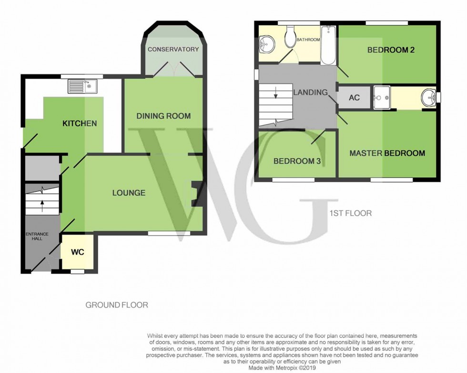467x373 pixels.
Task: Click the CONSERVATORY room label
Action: pyautogui.click(x=173, y=49)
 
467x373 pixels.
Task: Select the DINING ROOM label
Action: pyautogui.click(x=163, y=116)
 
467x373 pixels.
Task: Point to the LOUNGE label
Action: pyautogui.click(x=129, y=193)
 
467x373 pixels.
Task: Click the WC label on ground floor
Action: pyautogui.click(x=78, y=252)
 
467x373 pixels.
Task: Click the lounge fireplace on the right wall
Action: pyautogui.click(x=197, y=194)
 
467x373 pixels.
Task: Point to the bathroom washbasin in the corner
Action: pyautogui.click(x=265, y=45)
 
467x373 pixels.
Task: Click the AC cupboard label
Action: pyautogui.click(x=354, y=97)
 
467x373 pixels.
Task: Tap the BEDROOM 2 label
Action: pyautogui.click(x=390, y=50)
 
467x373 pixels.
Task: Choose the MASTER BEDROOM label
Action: pyautogui.click(x=387, y=153)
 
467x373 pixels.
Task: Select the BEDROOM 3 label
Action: pyautogui.click(x=296, y=161)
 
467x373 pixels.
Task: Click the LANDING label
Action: pyautogui.click(x=310, y=92)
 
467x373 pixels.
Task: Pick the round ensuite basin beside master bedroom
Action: pyautogui.click(x=428, y=98)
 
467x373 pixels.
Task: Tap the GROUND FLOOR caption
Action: pyautogui.click(x=116, y=304)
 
